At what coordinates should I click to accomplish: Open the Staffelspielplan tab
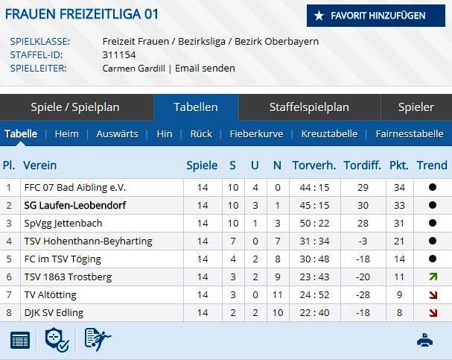pyautogui.click(x=309, y=107)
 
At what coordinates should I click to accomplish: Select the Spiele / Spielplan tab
pyautogui.click(x=75, y=107)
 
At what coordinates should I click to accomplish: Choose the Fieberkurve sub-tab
pyautogui.click(x=256, y=134)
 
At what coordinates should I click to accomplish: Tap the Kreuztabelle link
pyautogui.click(x=329, y=134)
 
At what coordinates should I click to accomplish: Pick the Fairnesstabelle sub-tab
pyautogui.click(x=410, y=134)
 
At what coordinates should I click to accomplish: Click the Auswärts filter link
pyautogui.click(x=117, y=134)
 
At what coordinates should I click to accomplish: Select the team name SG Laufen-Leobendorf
pyautogui.click(x=74, y=205)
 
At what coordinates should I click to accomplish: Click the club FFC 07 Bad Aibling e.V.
pyautogui.click(x=74, y=187)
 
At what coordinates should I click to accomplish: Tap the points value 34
pyautogui.click(x=399, y=187)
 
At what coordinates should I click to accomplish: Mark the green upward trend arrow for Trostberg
pyautogui.click(x=432, y=277)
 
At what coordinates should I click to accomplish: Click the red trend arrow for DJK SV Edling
pyautogui.click(x=432, y=312)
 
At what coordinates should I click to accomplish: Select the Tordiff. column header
pyautogui.click(x=362, y=165)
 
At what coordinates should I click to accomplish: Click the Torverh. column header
pyautogui.click(x=313, y=165)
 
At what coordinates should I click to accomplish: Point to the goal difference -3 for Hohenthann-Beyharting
pyautogui.click(x=363, y=241)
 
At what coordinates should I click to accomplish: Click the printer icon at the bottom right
pyautogui.click(x=426, y=340)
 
